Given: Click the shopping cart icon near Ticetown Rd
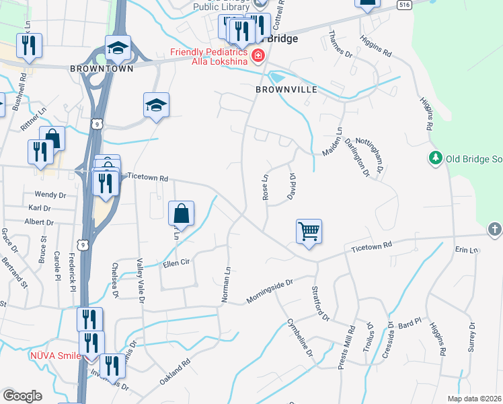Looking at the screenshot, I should click(309, 231).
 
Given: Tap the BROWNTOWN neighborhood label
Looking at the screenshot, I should click(101, 68).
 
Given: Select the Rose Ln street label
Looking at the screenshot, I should click(265, 187).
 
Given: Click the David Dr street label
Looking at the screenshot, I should click(292, 184).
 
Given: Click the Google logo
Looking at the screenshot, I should click(22, 395).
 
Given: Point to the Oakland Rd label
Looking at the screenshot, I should click(175, 372).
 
